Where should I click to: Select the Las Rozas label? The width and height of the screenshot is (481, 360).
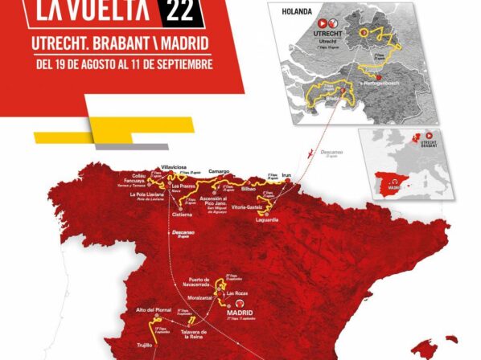click(x=236, y=293)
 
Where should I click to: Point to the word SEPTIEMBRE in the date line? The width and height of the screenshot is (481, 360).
click(x=183, y=64)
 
